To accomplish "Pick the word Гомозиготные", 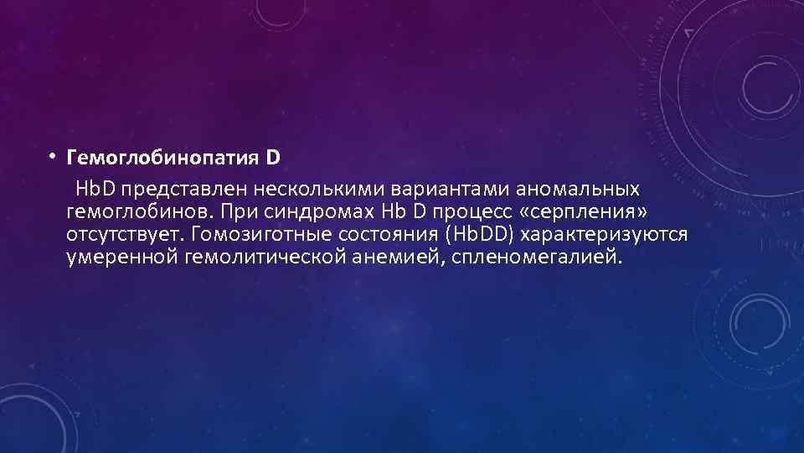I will [x=246, y=232].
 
